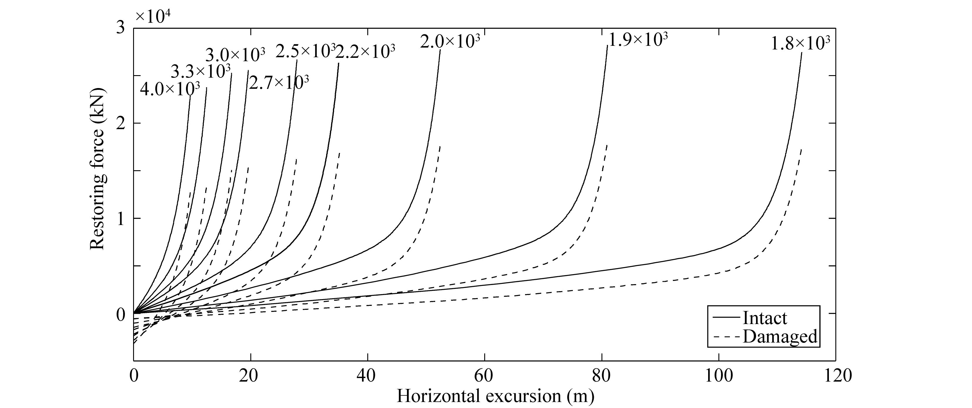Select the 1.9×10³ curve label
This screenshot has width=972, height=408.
pos(638,40)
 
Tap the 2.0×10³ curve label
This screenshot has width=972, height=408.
pos(450,41)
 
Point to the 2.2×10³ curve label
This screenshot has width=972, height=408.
pos(365,52)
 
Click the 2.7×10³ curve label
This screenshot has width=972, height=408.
pos(279,82)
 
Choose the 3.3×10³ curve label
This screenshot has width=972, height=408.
pos(201,71)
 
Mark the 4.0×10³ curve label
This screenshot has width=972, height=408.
pos(170,89)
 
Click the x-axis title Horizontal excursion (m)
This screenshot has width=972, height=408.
pos(495,396)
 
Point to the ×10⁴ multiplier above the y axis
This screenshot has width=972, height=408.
pos(153,17)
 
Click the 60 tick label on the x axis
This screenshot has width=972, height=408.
pos(484,376)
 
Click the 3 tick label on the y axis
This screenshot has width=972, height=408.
pos(120,28)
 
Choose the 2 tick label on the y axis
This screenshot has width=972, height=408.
pos(120,123)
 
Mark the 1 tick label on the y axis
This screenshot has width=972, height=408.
pos(120,218)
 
